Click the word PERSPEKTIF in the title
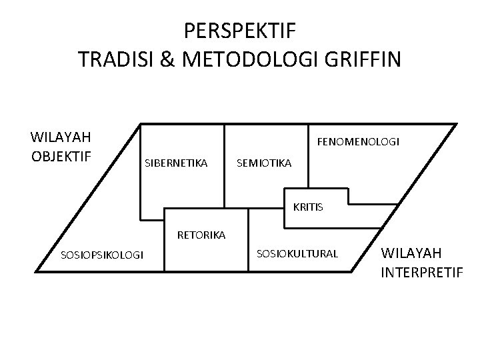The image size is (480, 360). point(240,31)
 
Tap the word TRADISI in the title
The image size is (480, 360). point(115,60)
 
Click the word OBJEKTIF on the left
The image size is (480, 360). point(61,156)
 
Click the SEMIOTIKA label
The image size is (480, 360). point(264,163)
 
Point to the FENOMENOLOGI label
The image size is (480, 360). point(358,141)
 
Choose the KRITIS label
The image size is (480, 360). point(308,207)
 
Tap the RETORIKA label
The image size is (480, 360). point(201,235)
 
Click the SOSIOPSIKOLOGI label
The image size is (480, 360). point(101,254)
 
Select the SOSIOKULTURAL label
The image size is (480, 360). point(297,253)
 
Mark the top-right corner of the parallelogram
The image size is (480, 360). point(457,124)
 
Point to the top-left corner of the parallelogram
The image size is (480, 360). point(141,124)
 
